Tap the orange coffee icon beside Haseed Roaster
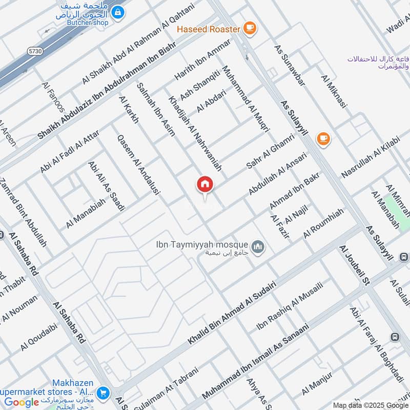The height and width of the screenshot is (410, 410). click(250, 29)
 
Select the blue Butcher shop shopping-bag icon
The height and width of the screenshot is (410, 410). click(118, 11)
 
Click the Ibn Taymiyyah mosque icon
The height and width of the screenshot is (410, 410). click(258, 248)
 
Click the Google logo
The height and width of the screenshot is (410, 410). click(22, 402)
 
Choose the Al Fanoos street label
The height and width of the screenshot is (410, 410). click(53, 97)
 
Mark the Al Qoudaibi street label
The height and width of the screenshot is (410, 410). click(39, 336)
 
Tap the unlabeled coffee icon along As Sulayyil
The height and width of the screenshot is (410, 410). click(323, 138)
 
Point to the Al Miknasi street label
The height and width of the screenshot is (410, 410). click(334, 92)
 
